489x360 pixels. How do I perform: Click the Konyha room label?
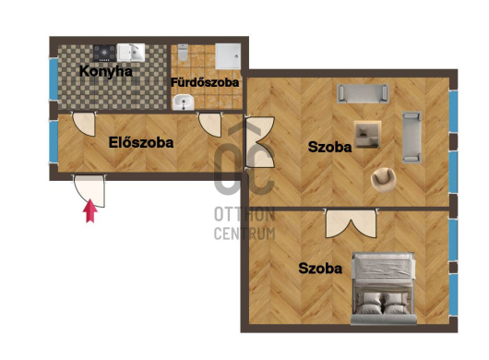106,71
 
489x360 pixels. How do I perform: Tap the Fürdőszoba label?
205,82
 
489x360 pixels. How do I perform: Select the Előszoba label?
141,142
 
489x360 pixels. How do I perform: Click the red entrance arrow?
90,210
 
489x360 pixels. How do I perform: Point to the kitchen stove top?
105,53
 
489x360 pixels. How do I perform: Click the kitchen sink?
131,52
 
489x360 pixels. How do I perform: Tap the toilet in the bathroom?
183,53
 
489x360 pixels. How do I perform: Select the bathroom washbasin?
184,102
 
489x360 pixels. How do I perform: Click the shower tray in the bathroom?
228,56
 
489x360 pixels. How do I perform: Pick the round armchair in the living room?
383,179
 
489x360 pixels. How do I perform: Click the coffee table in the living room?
368,134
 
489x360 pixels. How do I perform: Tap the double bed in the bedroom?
384,288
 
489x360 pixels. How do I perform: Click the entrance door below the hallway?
89,190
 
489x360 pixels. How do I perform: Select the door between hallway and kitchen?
84,124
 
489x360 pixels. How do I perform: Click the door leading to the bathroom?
210,125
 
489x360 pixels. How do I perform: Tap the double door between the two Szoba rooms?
351,223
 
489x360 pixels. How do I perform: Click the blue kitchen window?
54,79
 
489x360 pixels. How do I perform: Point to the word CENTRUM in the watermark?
244,234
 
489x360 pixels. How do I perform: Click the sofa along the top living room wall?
363,93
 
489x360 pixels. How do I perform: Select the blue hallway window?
54,141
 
